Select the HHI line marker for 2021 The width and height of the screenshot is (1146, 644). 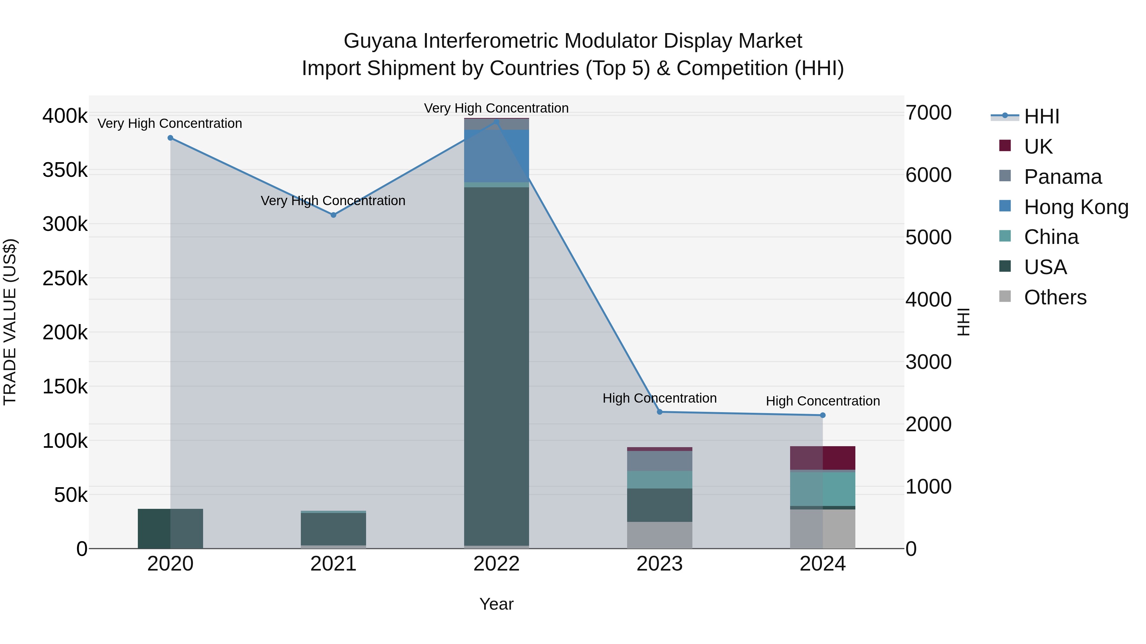(x=333, y=215)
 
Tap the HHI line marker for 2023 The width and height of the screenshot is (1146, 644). (x=660, y=412)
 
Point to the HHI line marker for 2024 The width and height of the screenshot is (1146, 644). (x=823, y=415)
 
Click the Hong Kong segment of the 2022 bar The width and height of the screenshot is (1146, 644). (x=497, y=156)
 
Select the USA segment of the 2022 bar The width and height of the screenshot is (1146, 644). (x=497, y=364)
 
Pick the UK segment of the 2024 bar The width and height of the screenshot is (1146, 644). (x=823, y=458)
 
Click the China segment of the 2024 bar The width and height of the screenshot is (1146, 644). (x=823, y=489)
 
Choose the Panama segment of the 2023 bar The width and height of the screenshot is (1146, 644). (x=660, y=461)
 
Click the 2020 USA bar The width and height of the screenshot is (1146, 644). (x=170, y=529)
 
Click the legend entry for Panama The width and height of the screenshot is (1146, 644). (x=1062, y=177)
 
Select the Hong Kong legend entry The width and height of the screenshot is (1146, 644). (x=1076, y=207)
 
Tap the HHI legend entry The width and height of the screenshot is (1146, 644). (x=1041, y=116)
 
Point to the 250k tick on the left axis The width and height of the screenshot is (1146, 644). (x=65, y=279)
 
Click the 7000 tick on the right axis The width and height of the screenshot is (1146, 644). (x=929, y=113)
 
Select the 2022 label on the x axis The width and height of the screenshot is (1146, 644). (x=497, y=564)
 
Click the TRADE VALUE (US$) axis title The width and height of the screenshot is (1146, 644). (x=10, y=322)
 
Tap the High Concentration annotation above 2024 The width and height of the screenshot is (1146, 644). (x=823, y=401)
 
